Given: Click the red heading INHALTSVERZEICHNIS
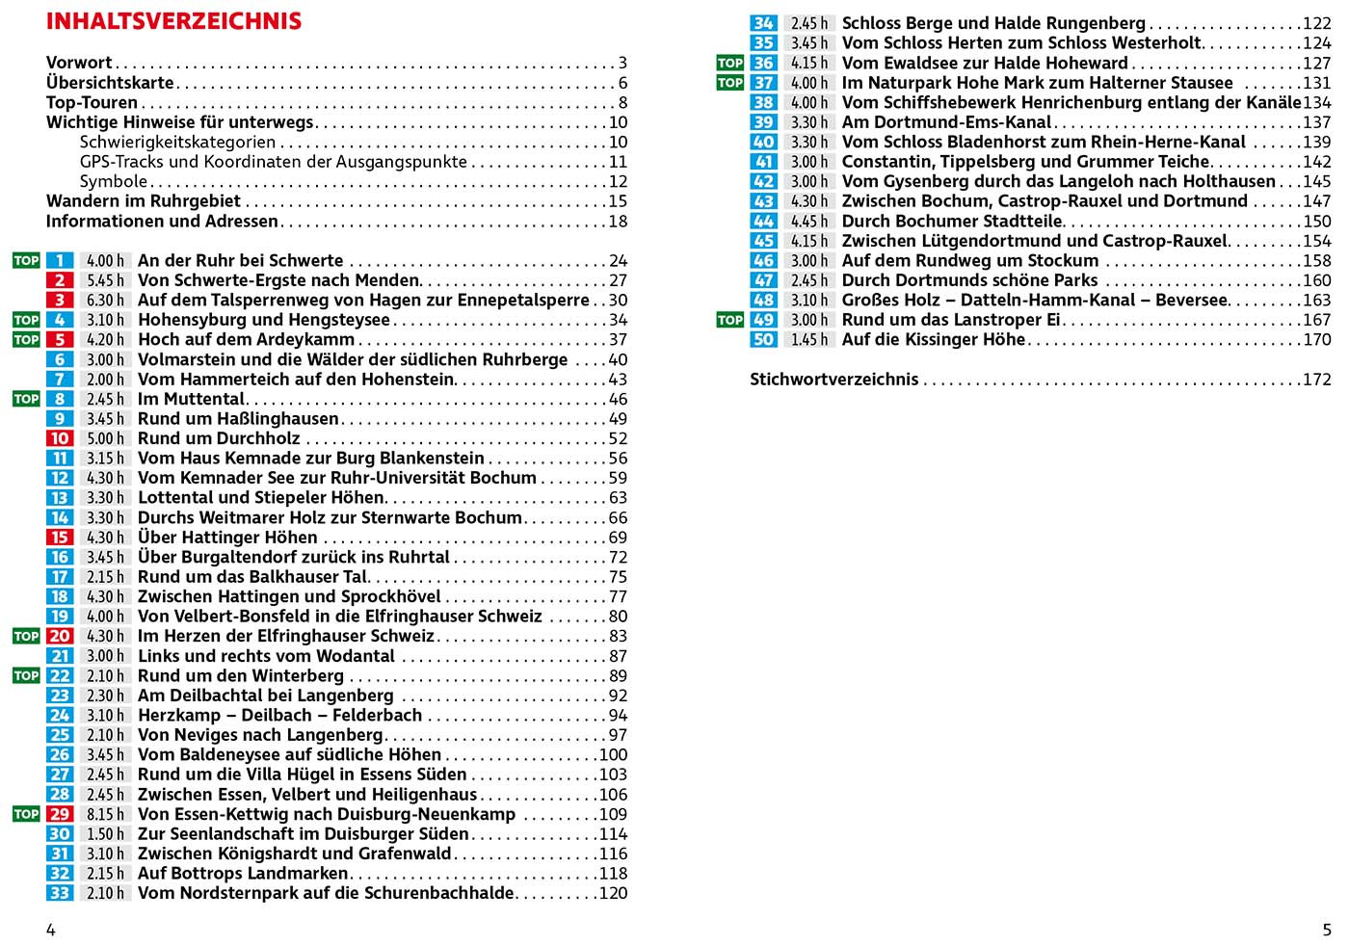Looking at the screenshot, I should click(x=173, y=21).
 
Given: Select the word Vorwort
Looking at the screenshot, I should click(x=79, y=63).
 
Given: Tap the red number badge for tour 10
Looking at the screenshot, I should click(x=60, y=438).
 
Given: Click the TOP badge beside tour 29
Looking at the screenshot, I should click(x=26, y=814).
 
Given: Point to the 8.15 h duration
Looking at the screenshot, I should click(x=105, y=814).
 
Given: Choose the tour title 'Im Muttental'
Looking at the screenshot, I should click(x=191, y=399).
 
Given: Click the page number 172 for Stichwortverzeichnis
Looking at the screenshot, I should click(x=1316, y=380).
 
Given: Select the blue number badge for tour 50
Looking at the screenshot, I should click(x=763, y=339).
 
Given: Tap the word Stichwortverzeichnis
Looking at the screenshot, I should click(x=833, y=380).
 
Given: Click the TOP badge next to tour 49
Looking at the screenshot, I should click(x=730, y=320).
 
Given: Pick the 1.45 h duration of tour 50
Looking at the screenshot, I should click(x=809, y=339).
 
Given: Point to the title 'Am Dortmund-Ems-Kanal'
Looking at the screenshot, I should click(x=946, y=122).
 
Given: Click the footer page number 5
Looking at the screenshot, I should click(x=1326, y=930).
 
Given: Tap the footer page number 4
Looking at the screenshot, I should click(x=51, y=930).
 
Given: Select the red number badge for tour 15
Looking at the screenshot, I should click(x=60, y=538).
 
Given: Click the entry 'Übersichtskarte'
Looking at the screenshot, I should click(x=110, y=83).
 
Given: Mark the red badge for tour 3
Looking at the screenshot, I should click(x=60, y=301).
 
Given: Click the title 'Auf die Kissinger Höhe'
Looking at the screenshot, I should click(x=933, y=339).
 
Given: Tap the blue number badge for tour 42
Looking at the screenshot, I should click(x=763, y=181).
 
